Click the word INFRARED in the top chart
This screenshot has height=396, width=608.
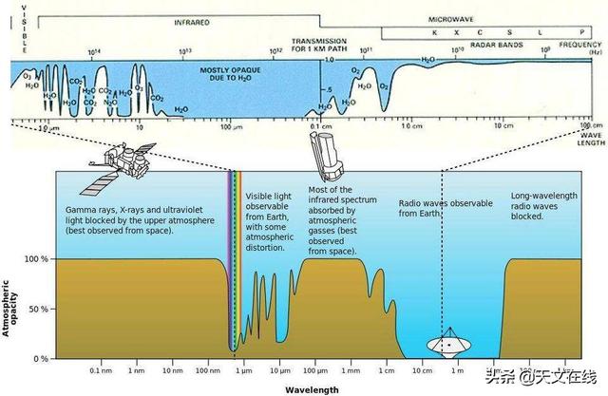point(193,20)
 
